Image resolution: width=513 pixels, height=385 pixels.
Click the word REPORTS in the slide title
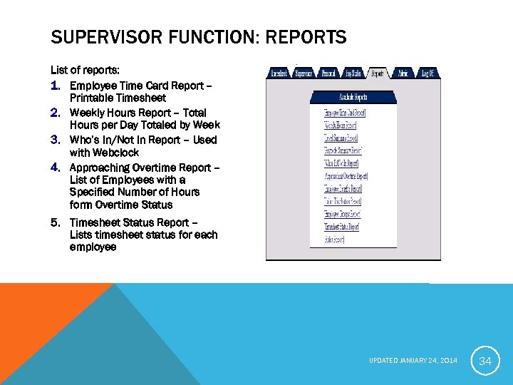pyautogui.click(x=304, y=37)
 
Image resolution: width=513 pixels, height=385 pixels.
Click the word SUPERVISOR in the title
pyautogui.click(x=95, y=37)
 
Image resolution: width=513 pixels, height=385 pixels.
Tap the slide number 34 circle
pyautogui.click(x=485, y=361)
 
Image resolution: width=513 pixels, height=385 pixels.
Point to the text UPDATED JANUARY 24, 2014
pyautogui.click(x=413, y=361)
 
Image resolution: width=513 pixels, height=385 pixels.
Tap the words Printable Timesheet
pyautogui.click(x=118, y=98)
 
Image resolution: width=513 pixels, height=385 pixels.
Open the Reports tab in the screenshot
pyautogui.click(x=377, y=73)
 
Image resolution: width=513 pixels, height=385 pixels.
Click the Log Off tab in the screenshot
pyautogui.click(x=427, y=73)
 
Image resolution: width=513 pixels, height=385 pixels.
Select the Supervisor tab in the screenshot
pyautogui.click(x=304, y=73)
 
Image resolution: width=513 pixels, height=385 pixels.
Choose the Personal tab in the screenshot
pyautogui.click(x=328, y=73)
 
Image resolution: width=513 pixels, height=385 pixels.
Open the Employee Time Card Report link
pyautogui.click(x=343, y=113)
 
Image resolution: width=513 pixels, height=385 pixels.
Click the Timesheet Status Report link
pyautogui.click(x=341, y=227)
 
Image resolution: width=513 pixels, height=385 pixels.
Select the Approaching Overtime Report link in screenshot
pyautogui.click(x=346, y=175)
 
